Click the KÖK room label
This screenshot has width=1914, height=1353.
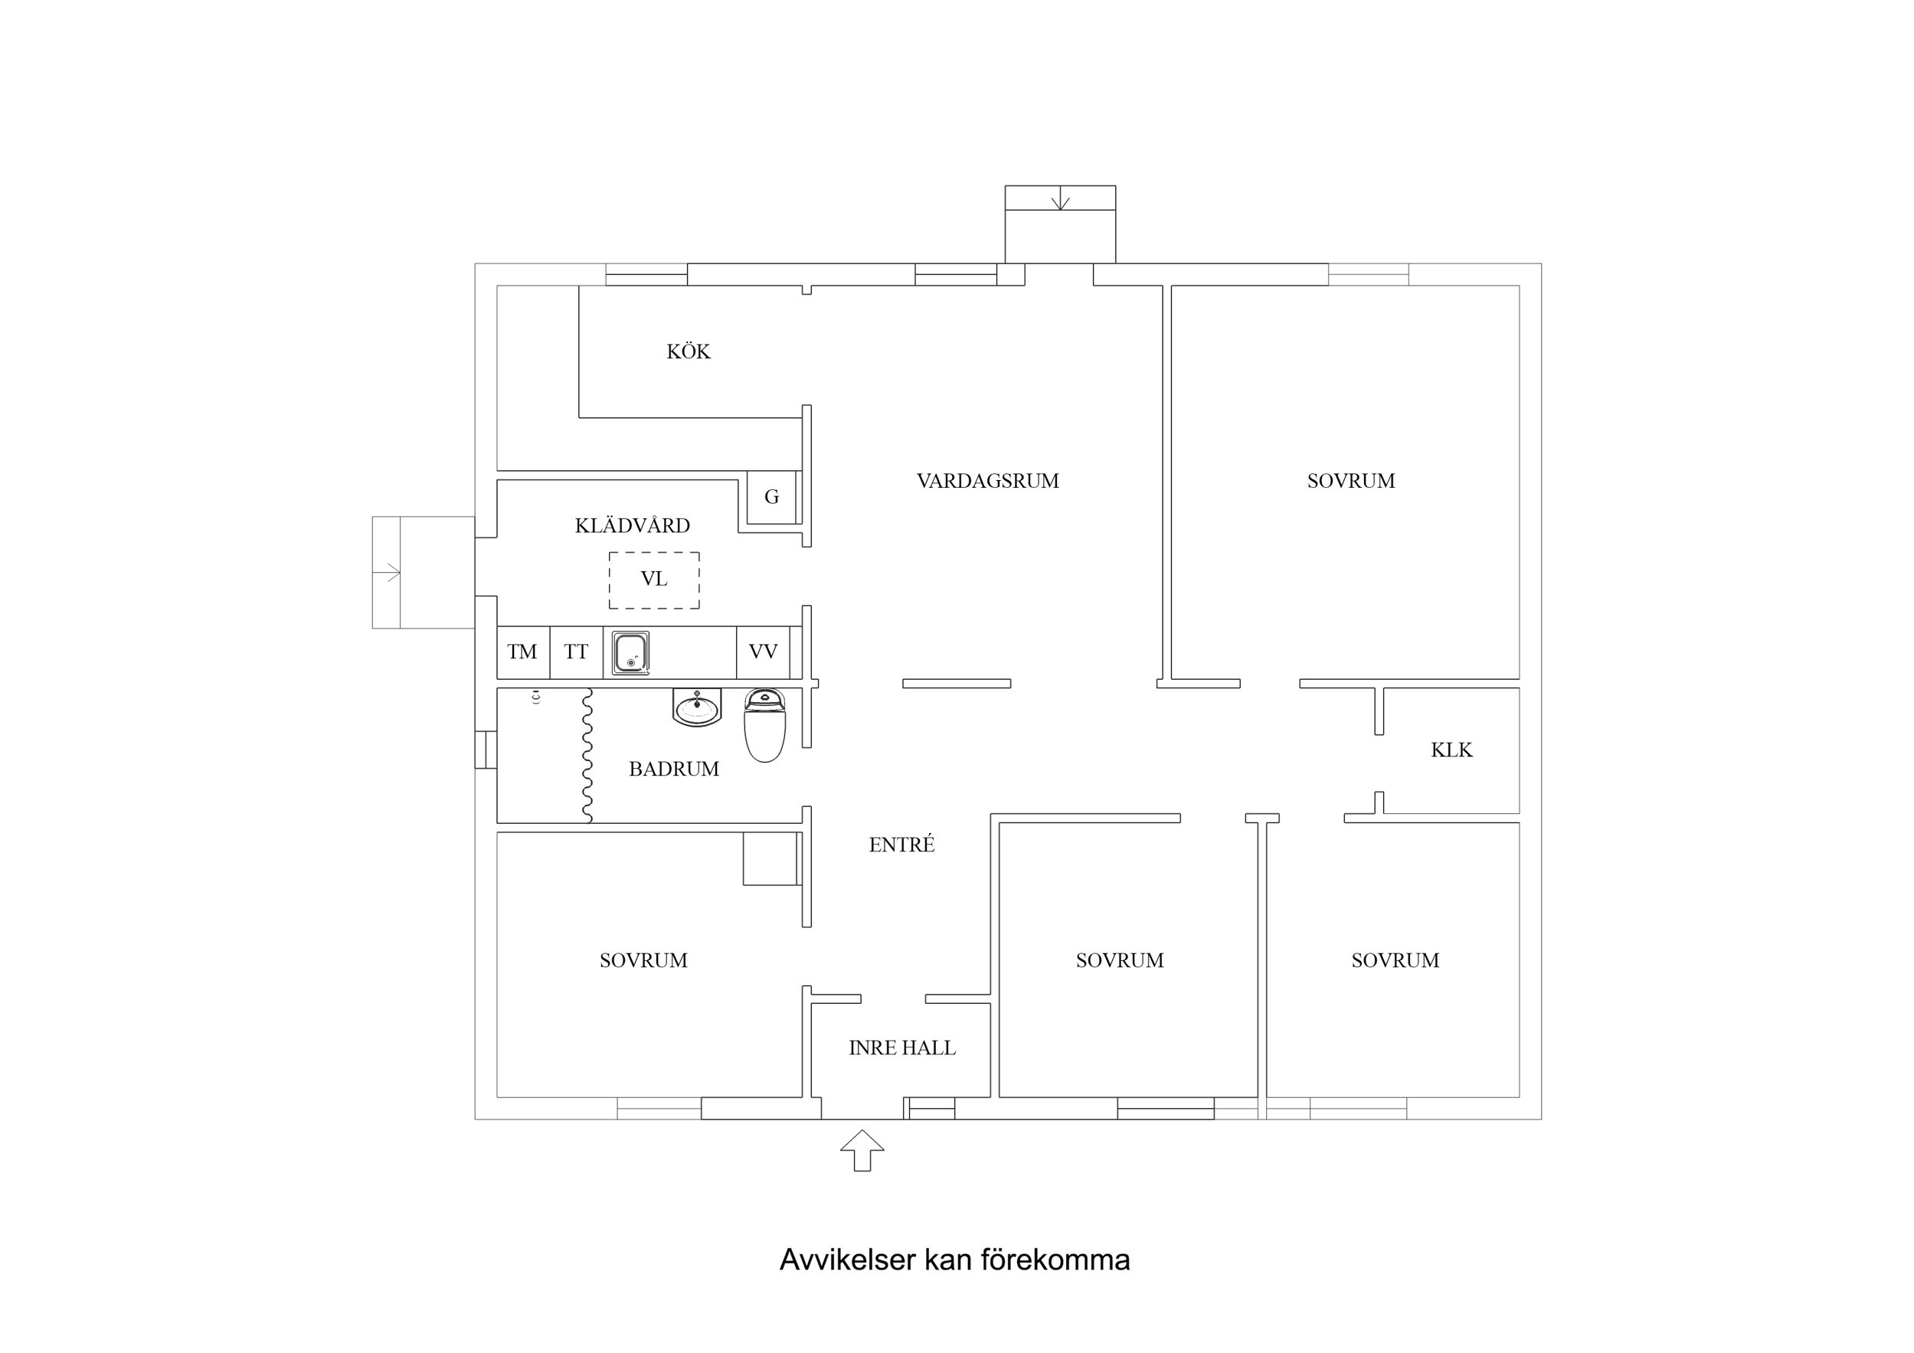[x=688, y=351]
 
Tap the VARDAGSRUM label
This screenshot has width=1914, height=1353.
[x=987, y=481]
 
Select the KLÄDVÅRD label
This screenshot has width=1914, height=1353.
[x=632, y=526]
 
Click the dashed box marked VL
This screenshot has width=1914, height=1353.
[x=653, y=580]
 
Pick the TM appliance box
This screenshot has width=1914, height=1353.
[x=522, y=652]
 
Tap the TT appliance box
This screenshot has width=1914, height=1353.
[x=575, y=652]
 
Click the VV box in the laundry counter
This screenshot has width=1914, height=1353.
[x=762, y=652]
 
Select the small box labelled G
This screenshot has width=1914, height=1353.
[x=771, y=497]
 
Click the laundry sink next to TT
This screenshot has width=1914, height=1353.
[x=630, y=652]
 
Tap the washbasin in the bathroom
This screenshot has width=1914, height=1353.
[x=696, y=708]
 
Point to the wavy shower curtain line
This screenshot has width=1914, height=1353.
[x=587, y=754]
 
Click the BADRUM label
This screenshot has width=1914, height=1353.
[x=673, y=770]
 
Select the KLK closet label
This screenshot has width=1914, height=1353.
[x=1451, y=750]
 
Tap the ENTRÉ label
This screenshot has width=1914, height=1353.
[x=901, y=845]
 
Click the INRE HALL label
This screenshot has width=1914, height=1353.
[x=901, y=1049]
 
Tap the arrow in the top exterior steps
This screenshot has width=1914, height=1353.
[x=1059, y=199]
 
